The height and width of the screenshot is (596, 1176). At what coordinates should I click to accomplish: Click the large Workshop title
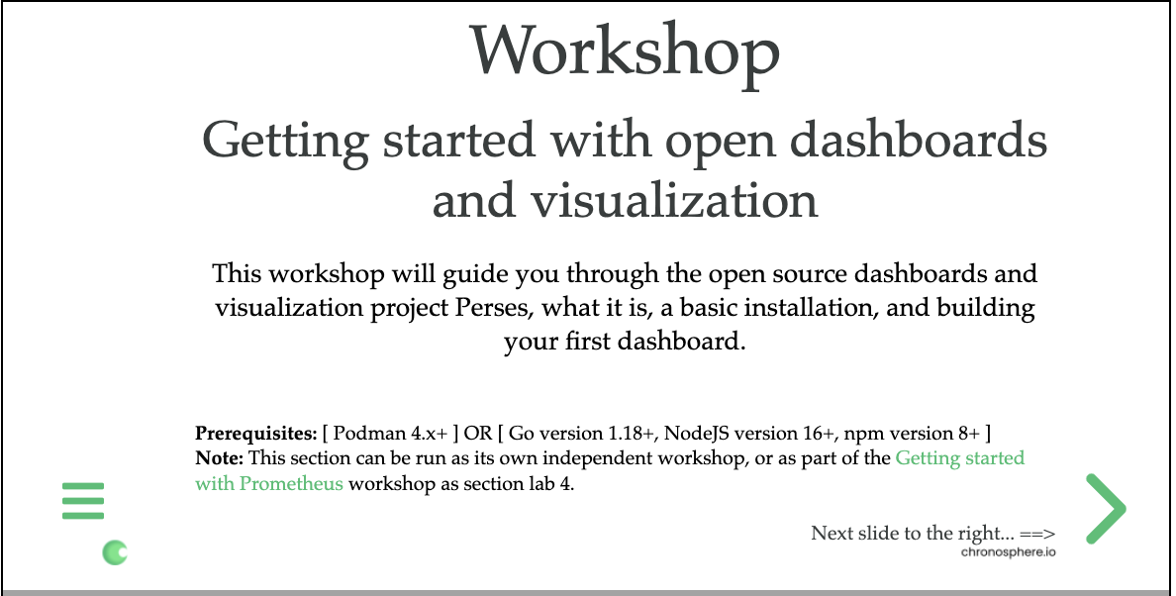[x=625, y=50]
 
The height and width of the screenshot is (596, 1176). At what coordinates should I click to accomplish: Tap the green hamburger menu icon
[x=83, y=501]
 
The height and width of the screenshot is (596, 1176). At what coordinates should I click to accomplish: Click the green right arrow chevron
[x=1106, y=509]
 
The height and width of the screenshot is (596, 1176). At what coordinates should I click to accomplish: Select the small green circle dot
[x=115, y=552]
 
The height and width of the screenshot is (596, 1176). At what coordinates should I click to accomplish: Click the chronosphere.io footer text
[x=1008, y=551]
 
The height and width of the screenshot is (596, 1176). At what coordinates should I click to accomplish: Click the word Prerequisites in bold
[x=255, y=434]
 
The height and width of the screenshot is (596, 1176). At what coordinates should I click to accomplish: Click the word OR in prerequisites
[x=480, y=434]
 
